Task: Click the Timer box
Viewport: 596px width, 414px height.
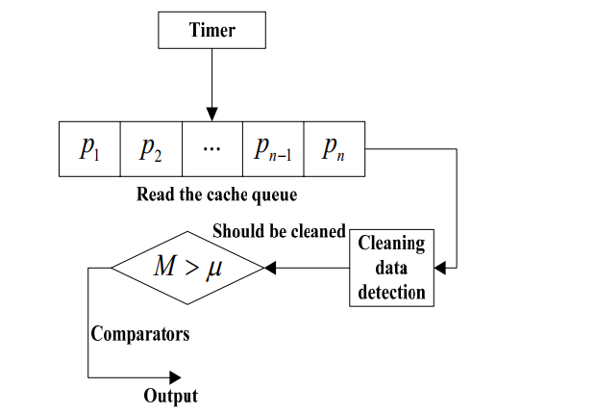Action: click(x=211, y=31)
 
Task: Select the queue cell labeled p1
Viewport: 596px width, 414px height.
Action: click(x=89, y=148)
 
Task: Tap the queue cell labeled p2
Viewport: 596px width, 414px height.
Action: click(x=151, y=148)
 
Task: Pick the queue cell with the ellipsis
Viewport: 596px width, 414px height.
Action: click(x=211, y=148)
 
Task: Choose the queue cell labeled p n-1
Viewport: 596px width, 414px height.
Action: click(x=273, y=148)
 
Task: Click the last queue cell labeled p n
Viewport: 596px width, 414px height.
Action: click(x=334, y=148)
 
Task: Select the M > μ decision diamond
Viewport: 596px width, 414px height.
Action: click(x=186, y=267)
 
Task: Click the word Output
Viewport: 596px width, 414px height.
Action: click(x=170, y=396)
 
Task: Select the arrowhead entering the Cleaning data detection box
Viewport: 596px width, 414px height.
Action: click(x=441, y=267)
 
